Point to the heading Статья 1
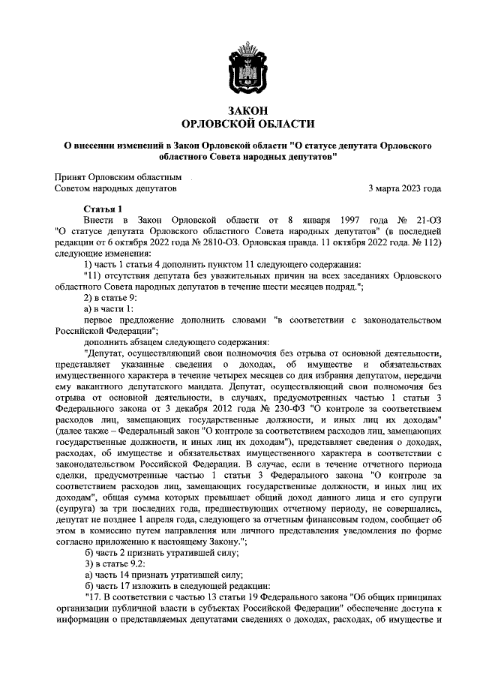(x=101, y=208)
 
